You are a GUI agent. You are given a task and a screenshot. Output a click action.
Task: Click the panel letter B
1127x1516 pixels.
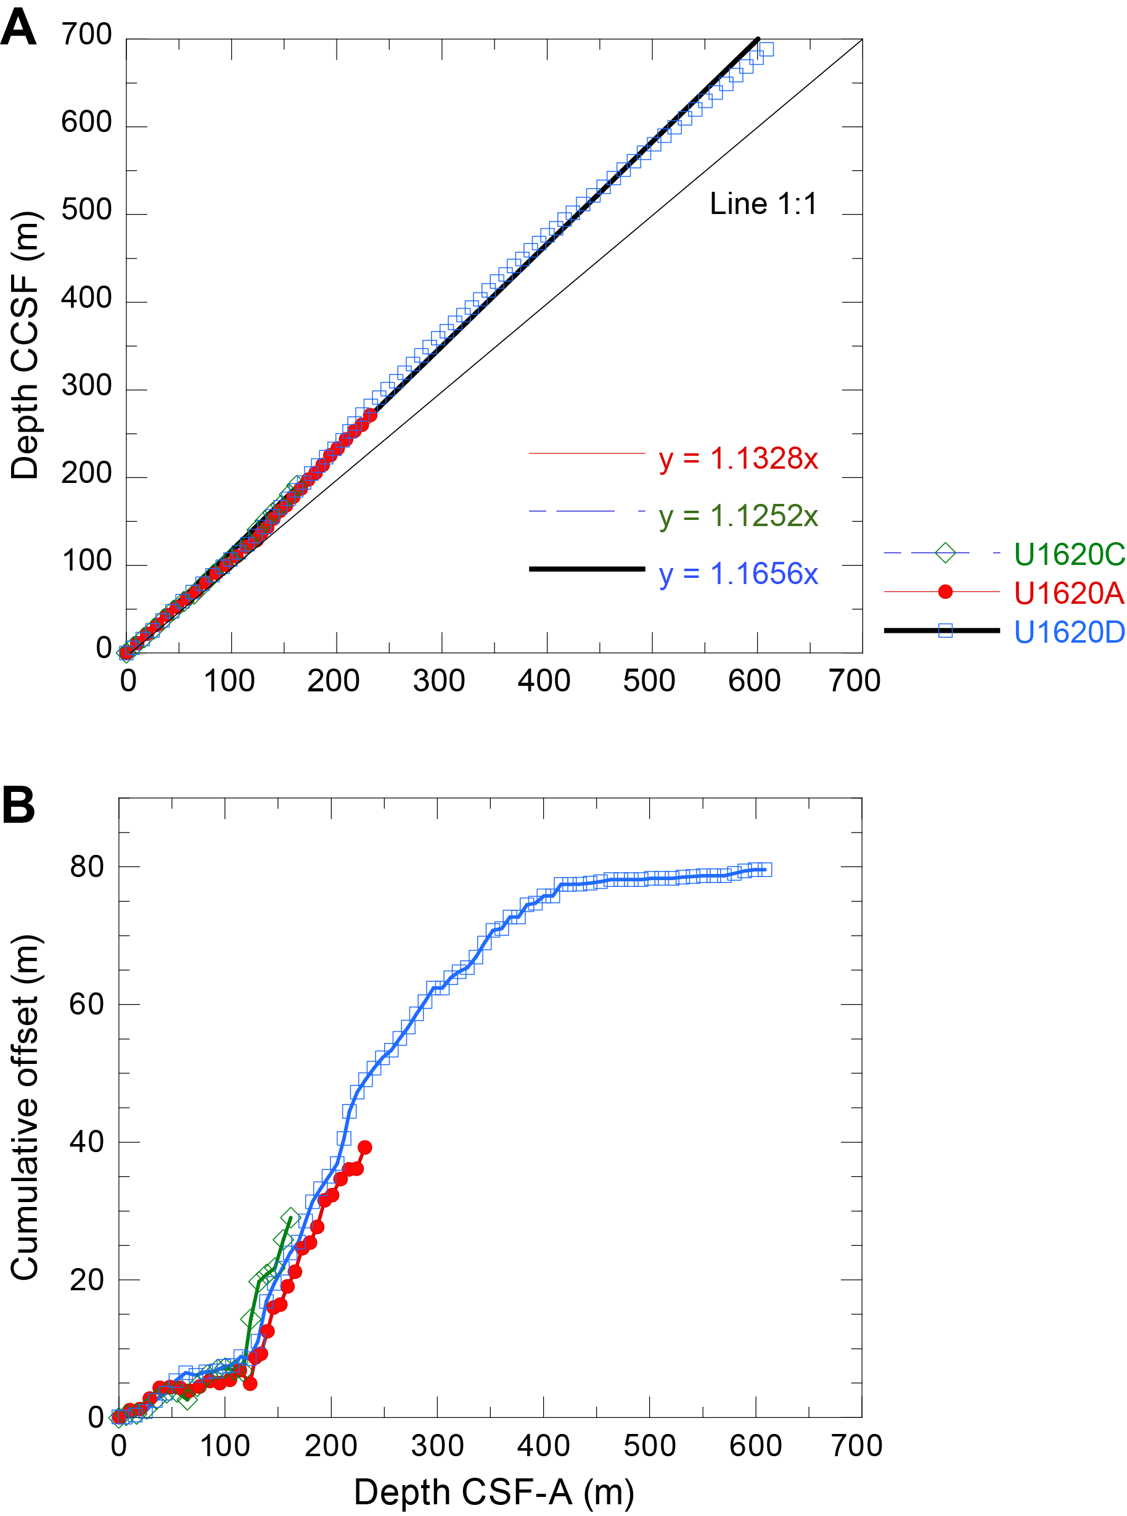click(x=18, y=805)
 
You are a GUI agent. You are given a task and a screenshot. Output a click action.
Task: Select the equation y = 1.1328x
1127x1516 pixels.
click(x=738, y=458)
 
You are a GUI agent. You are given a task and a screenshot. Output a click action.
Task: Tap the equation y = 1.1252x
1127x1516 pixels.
click(x=738, y=516)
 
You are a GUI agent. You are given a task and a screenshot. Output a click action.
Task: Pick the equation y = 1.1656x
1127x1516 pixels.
click(x=738, y=574)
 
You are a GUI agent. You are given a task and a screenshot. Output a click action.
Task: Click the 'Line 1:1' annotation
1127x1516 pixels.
click(x=763, y=204)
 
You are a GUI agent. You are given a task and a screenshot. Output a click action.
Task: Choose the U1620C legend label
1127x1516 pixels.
click(x=1068, y=554)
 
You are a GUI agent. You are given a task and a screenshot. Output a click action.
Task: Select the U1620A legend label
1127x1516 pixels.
click(x=1068, y=593)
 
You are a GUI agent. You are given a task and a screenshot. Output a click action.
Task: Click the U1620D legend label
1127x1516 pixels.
click(x=1068, y=632)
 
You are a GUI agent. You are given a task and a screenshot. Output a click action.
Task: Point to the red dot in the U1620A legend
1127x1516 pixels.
click(x=945, y=591)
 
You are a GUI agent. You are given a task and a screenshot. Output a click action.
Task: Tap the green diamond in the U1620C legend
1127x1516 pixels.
click(x=945, y=553)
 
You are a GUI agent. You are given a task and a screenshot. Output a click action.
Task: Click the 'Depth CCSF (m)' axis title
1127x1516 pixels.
click(x=26, y=345)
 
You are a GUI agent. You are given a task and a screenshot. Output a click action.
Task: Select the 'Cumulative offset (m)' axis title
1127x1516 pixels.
click(x=26, y=1106)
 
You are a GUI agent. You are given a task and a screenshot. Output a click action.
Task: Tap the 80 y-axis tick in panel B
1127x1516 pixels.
click(x=87, y=867)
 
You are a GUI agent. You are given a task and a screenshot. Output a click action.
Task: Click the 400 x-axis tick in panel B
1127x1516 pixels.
click(x=543, y=1445)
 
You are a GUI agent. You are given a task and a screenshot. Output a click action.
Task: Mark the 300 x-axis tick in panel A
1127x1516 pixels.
click(x=439, y=681)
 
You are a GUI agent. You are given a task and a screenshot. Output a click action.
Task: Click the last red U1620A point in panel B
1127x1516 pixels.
click(x=365, y=1148)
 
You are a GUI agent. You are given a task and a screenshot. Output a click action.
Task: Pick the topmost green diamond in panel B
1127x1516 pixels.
click(x=290, y=1216)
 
